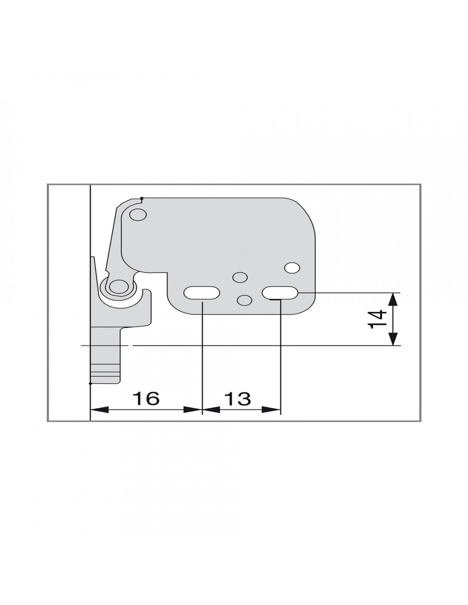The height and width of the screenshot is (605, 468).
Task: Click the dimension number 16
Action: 146,398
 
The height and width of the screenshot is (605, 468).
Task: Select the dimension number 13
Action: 237,398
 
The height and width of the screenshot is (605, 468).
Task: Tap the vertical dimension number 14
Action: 377,320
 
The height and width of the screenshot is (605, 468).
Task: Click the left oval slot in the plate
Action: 202,293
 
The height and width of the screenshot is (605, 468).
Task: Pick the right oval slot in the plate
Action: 280,293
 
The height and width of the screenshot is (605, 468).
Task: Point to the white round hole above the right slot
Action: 292,268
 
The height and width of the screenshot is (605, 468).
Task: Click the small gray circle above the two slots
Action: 240,277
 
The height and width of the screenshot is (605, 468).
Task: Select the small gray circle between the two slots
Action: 245,300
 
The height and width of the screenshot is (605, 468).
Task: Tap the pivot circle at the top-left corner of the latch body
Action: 138,215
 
